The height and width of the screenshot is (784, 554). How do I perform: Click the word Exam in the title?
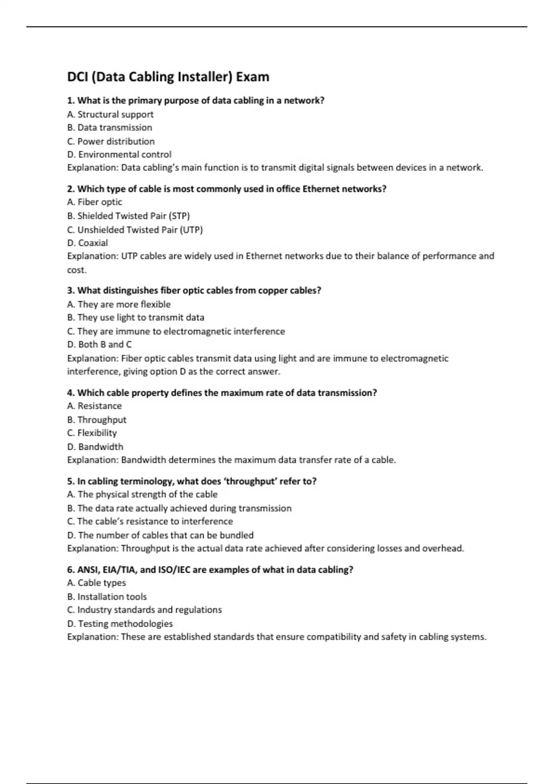point(253,77)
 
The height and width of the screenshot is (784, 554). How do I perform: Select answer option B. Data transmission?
point(109,128)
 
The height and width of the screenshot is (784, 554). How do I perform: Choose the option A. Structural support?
point(110,114)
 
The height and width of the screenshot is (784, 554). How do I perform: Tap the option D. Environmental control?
point(119,154)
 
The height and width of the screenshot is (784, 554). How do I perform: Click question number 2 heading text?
point(226,189)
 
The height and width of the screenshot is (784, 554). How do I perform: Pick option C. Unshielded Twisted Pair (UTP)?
point(135,230)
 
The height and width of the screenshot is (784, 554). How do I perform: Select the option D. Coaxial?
point(88,243)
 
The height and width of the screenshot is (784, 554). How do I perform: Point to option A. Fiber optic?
point(95,202)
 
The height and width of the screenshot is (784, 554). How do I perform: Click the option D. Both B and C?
point(99,344)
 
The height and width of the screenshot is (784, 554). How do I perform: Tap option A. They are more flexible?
point(119,304)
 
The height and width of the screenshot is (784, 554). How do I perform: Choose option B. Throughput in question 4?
point(96,420)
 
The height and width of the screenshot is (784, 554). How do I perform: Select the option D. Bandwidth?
point(95,447)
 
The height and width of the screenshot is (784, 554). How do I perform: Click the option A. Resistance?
point(94,406)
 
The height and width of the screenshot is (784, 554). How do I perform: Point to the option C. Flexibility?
point(92,433)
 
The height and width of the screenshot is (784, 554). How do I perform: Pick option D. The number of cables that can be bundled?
point(160,535)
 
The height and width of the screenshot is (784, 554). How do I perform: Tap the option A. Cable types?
point(96,583)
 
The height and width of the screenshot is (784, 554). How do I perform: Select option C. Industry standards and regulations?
point(144,610)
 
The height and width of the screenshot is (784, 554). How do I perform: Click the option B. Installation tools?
point(107,597)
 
